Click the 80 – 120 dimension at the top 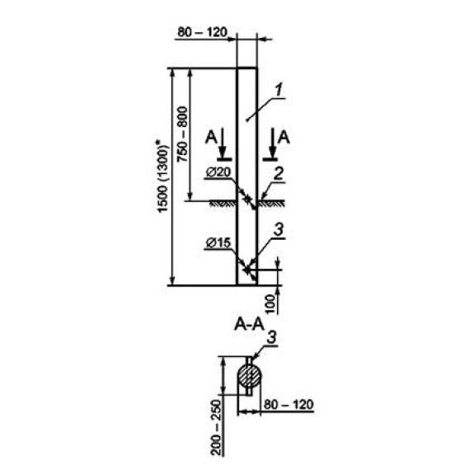tap(202, 32)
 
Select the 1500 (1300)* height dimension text tap(162, 176)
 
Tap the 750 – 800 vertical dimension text tap(182, 134)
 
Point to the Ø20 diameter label tap(218, 172)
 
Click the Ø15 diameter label tap(218, 242)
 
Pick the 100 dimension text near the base tap(271, 304)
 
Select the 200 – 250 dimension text tap(217, 428)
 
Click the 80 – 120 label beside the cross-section tap(289, 405)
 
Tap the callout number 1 tap(279, 91)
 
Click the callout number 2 tap(278, 174)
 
